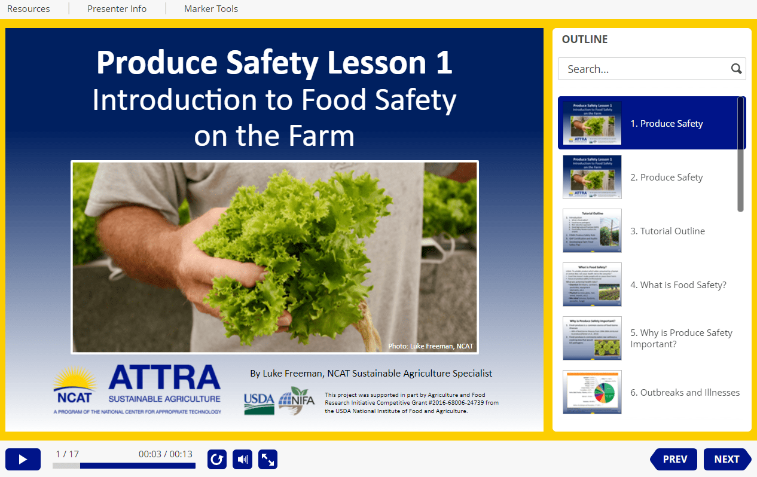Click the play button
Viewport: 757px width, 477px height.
(x=23, y=459)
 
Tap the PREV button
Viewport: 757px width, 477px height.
(x=674, y=459)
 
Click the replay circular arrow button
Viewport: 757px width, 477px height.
(x=217, y=459)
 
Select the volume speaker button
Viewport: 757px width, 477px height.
(x=242, y=459)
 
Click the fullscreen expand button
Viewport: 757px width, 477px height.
(x=268, y=459)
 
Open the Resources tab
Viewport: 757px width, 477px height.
(x=29, y=9)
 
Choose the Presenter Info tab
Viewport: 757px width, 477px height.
(x=117, y=9)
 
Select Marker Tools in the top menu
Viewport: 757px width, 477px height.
(x=211, y=9)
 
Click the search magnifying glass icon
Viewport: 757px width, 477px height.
(x=736, y=69)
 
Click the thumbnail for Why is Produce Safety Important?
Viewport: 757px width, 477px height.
(x=592, y=338)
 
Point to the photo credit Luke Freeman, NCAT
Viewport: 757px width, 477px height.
(x=431, y=346)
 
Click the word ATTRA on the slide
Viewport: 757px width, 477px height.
(x=164, y=378)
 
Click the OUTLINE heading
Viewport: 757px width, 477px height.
(x=584, y=39)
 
